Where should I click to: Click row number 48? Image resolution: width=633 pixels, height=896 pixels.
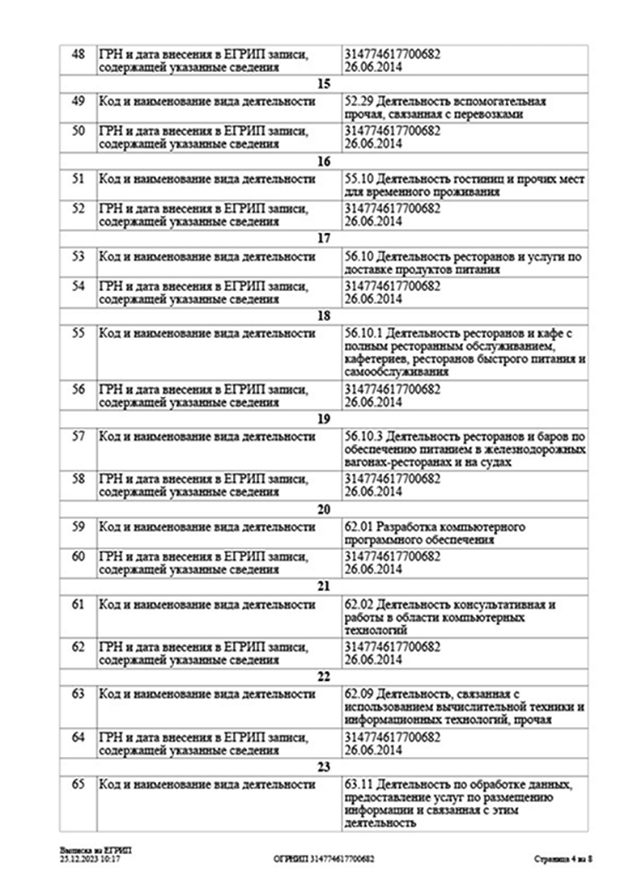pos(79,54)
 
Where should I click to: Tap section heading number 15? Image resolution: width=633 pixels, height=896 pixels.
pos(324,84)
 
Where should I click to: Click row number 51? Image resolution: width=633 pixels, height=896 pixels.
pos(79,180)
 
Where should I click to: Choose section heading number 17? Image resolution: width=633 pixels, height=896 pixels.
pos(324,239)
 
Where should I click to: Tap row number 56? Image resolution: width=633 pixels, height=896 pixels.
pos(79,389)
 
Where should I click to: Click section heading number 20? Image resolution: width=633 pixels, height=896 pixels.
pos(324,510)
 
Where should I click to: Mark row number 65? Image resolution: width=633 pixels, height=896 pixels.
pos(79,785)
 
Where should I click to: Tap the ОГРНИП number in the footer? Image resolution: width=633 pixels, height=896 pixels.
pos(324,860)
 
